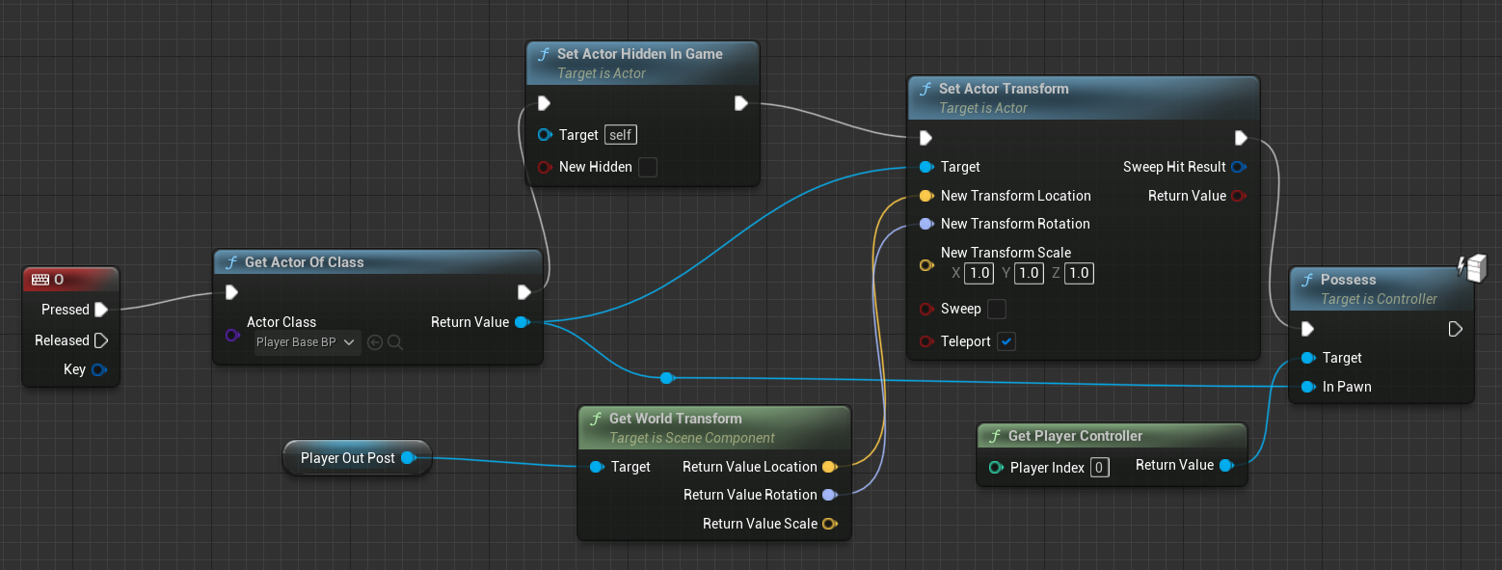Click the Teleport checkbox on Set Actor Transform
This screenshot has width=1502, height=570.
pyautogui.click(x=1006, y=341)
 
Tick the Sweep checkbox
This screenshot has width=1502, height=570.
pyautogui.click(x=997, y=309)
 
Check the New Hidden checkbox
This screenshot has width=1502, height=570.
pyautogui.click(x=648, y=167)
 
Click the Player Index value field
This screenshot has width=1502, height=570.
pyautogui.click(x=1099, y=468)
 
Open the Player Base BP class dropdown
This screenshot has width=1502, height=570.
pyautogui.click(x=307, y=342)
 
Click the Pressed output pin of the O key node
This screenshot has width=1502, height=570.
pyautogui.click(x=101, y=310)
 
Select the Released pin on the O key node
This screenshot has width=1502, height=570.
pyautogui.click(x=101, y=340)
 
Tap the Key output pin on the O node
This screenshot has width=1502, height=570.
pyautogui.click(x=98, y=369)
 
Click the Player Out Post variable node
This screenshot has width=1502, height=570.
pyautogui.click(x=348, y=458)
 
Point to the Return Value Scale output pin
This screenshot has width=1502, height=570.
pyautogui.click(x=828, y=524)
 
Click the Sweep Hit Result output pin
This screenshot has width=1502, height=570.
pyautogui.click(x=1239, y=167)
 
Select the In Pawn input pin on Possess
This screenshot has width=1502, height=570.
pyautogui.click(x=1307, y=387)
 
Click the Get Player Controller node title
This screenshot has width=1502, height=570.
pyautogui.click(x=1075, y=436)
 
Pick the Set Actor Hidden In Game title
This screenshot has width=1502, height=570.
pyautogui.click(x=639, y=54)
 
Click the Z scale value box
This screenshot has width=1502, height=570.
pyautogui.click(x=1079, y=273)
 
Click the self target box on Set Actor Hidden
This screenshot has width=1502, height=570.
pyautogui.click(x=620, y=135)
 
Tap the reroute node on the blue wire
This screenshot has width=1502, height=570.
pyautogui.click(x=666, y=378)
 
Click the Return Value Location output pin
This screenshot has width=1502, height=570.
pyautogui.click(x=828, y=467)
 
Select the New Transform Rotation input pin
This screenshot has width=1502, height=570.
pyautogui.click(x=925, y=224)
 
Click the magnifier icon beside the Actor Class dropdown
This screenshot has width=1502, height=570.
pyautogui.click(x=394, y=342)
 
